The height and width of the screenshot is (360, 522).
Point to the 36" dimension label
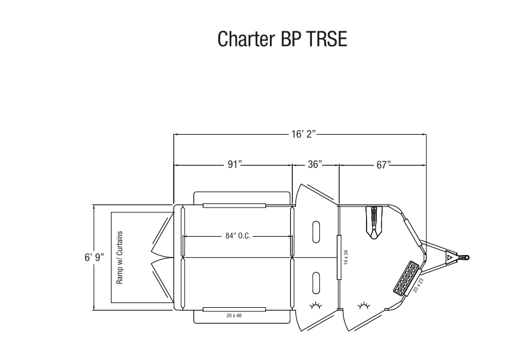pos(315,164)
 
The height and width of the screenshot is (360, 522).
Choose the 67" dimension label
pos(383,164)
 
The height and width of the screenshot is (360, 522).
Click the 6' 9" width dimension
pos(93,257)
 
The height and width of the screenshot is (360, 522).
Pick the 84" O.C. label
pos(238,235)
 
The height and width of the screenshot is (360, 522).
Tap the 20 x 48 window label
pos(234,316)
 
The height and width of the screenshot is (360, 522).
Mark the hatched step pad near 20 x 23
pos(405,276)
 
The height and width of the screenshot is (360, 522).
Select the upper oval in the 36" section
pos(316,230)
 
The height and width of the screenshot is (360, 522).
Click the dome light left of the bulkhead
pos(316,305)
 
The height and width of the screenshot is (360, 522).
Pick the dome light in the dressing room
pos(364,305)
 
